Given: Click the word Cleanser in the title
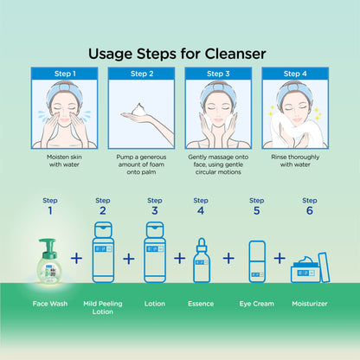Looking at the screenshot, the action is point(235,54).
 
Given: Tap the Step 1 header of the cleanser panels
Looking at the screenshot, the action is point(64,74).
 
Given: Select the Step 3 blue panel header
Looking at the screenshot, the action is point(218,74).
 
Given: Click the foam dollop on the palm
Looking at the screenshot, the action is point(139,110).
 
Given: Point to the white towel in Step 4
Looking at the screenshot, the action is point(297,132).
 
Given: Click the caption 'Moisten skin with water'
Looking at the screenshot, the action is point(64,161).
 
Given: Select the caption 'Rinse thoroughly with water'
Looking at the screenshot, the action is point(295,161).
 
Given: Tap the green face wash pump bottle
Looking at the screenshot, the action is point(49,260).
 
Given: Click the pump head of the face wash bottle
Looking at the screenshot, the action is point(48,244).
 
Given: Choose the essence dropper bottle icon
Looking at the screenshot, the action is point(202,260).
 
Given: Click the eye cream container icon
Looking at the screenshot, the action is point(257,261).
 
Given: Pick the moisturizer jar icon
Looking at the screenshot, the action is point(310,268).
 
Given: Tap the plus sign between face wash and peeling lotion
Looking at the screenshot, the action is point(76,258).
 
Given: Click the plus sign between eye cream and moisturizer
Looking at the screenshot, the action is point(280,258).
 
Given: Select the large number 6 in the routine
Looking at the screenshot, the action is point(310,210).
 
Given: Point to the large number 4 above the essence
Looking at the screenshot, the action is point(201,210).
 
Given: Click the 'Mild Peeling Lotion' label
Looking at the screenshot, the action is point(103,307).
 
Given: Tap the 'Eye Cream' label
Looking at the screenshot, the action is point(257,304).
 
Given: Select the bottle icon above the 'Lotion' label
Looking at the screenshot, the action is point(155,252).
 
